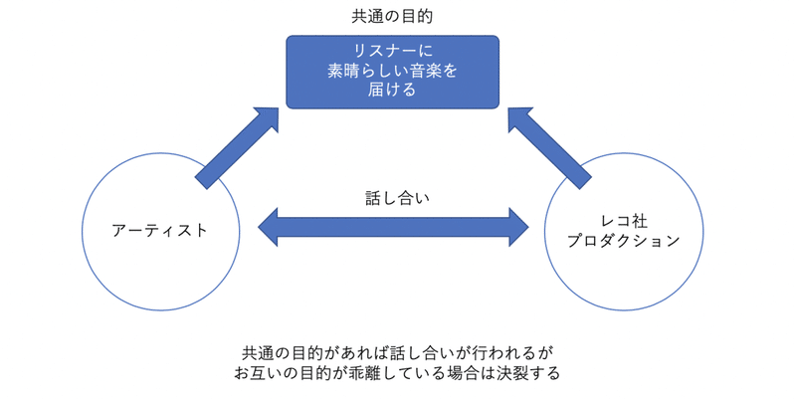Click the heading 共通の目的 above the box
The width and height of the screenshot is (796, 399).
pyautogui.click(x=392, y=17)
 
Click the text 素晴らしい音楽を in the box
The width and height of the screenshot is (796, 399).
pyautogui.click(x=392, y=71)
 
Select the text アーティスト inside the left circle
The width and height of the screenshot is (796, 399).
pyautogui.click(x=160, y=230)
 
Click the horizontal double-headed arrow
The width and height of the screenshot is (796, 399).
pyautogui.click(x=393, y=228)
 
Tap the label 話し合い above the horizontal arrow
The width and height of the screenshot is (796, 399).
pyautogui.click(x=392, y=197)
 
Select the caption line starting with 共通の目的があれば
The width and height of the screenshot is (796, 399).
pyautogui.click(x=396, y=353)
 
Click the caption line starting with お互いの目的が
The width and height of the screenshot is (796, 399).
pyautogui.click(x=396, y=374)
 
